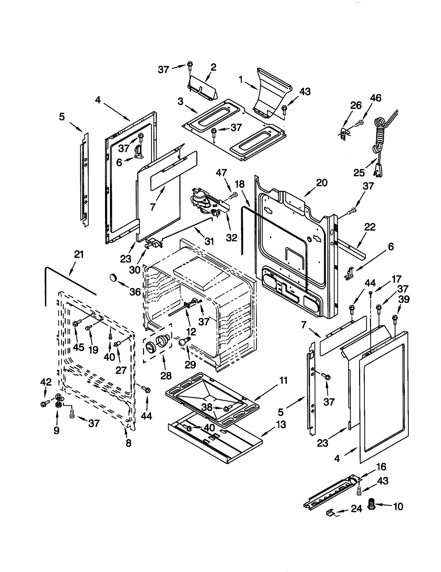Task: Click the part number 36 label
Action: click(x=135, y=292)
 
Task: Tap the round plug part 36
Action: click(x=113, y=277)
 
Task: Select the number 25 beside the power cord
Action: click(x=359, y=173)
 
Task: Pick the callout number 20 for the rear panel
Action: click(x=322, y=182)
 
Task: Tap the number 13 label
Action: click(x=281, y=424)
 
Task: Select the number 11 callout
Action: click(x=283, y=381)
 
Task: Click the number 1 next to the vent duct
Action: click(x=241, y=80)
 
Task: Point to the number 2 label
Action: click(x=213, y=67)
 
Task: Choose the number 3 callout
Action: click(x=181, y=101)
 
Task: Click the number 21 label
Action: click(x=79, y=254)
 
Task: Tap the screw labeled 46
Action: click(x=359, y=123)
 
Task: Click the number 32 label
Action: click(x=232, y=238)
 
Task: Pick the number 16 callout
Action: click(x=381, y=467)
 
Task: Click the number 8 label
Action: click(x=128, y=443)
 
